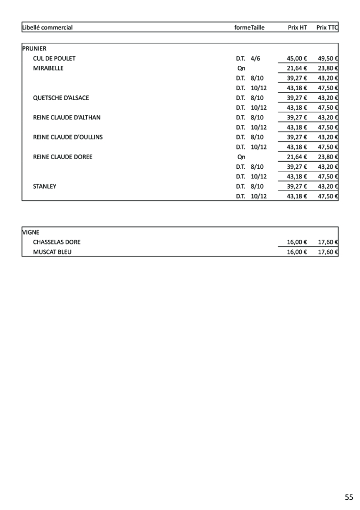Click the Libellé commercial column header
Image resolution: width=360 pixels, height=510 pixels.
click(x=48, y=28)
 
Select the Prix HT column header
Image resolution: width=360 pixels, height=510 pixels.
click(x=297, y=28)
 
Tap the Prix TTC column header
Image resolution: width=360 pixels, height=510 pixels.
click(x=327, y=28)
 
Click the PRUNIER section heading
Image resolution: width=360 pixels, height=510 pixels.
click(x=35, y=48)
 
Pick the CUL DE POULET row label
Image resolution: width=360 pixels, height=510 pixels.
click(x=54, y=59)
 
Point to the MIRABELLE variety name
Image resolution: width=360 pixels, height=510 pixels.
click(x=48, y=68)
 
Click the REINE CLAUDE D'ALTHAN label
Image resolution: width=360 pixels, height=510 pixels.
click(x=67, y=117)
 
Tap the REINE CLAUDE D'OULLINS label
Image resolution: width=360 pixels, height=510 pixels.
click(x=68, y=137)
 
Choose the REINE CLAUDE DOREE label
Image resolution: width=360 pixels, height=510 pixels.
click(x=63, y=157)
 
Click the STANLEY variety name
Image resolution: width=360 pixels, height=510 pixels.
click(x=45, y=187)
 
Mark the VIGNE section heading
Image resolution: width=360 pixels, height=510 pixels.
click(x=31, y=232)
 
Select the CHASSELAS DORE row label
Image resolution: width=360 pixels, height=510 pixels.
click(x=57, y=242)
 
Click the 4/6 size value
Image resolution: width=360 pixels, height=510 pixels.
click(x=255, y=59)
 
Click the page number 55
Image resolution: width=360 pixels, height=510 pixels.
click(x=348, y=497)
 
